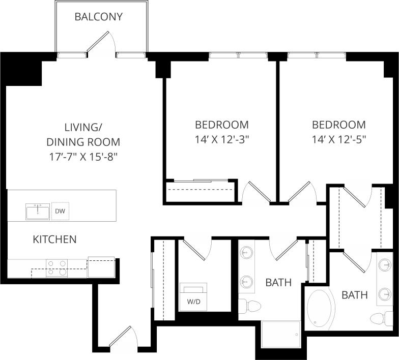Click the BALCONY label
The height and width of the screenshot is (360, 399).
[x=98, y=17]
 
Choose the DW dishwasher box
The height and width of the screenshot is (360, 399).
[x=59, y=212]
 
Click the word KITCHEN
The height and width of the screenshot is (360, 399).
[x=54, y=239]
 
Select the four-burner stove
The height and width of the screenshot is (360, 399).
[x=57, y=267]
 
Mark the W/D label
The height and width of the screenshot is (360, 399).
[x=193, y=301]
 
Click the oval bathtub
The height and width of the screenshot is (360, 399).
[x=321, y=308]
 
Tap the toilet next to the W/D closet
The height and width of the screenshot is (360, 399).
[x=249, y=306]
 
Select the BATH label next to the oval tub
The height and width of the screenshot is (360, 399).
[x=354, y=295]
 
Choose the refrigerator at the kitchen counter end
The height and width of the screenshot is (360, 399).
[x=101, y=267]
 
